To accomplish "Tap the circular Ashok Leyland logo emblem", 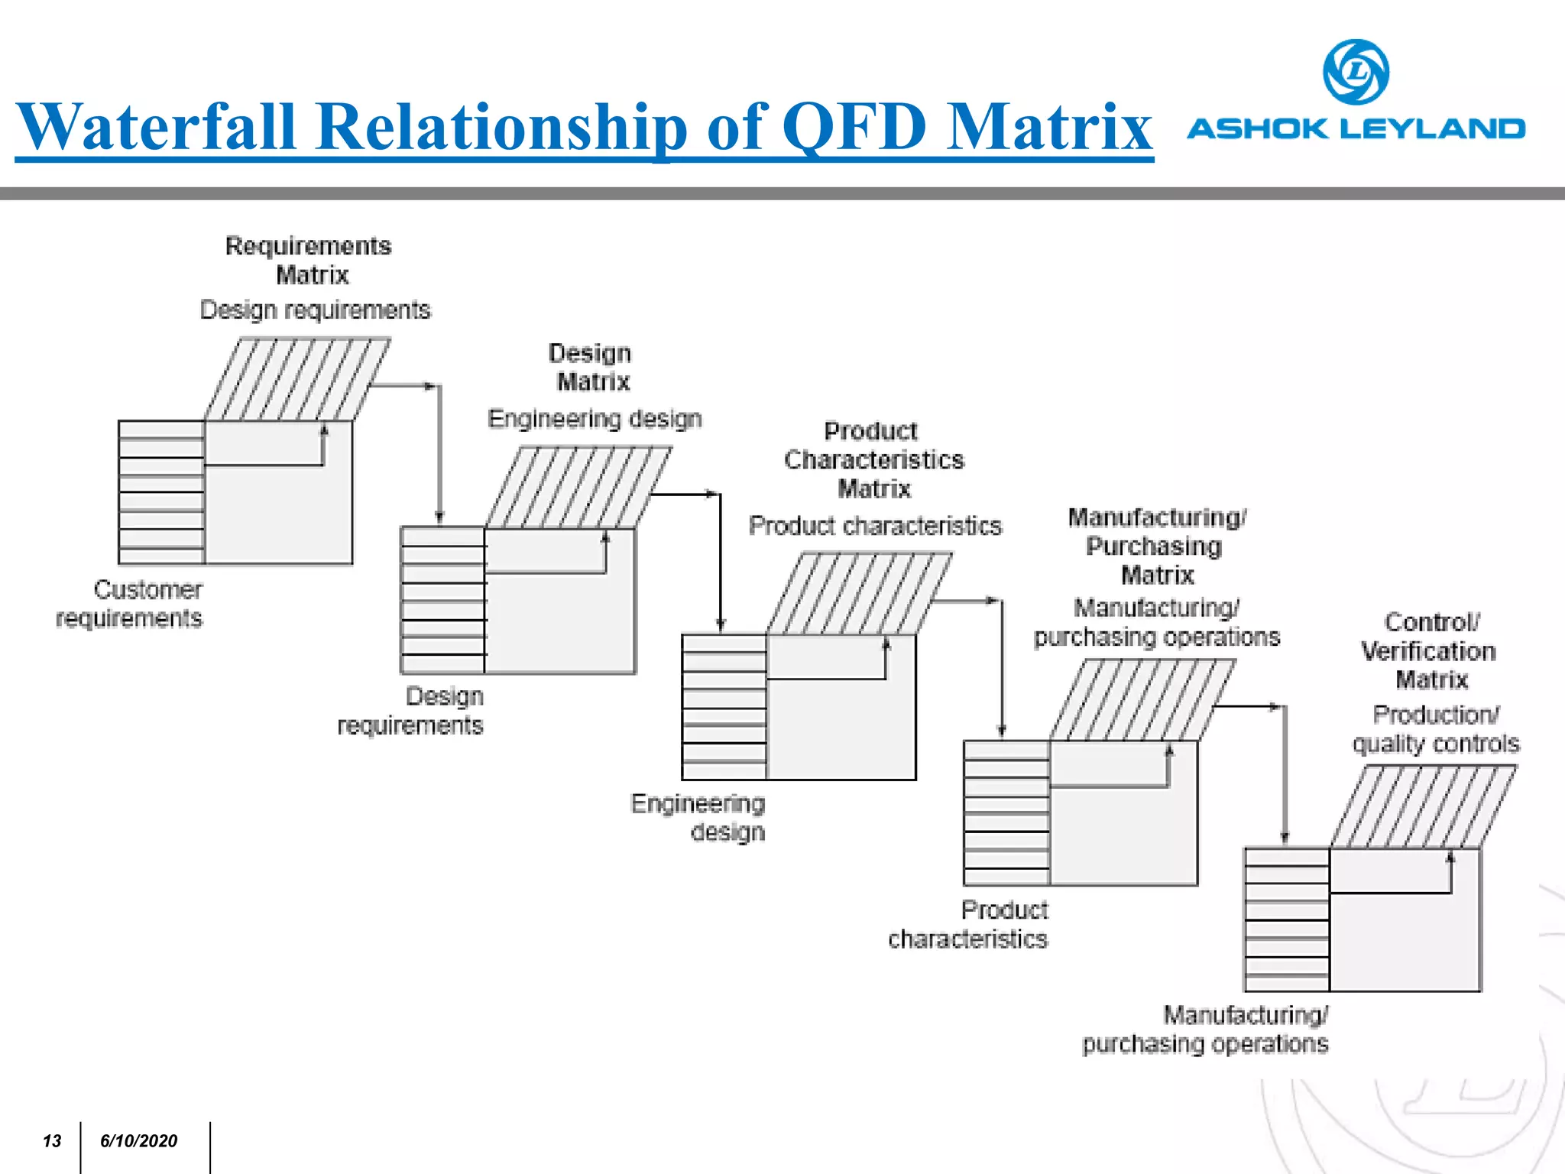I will [1356, 72].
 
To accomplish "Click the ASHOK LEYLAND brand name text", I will [1356, 128].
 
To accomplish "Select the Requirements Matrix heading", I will [309, 260].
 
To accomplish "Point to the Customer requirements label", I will [130, 603].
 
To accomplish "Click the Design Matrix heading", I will [591, 367].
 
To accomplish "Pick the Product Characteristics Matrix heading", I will [873, 459].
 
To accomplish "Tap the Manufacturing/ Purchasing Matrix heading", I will [1156, 546].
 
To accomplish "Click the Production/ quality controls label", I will [1435, 728].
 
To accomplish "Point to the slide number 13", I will [52, 1140].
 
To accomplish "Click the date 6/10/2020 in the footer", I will [138, 1140].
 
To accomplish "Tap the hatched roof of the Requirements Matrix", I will [297, 379].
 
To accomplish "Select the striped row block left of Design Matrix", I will [442, 600].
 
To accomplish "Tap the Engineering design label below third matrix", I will [698, 817].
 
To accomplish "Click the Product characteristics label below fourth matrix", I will [968, 924].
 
